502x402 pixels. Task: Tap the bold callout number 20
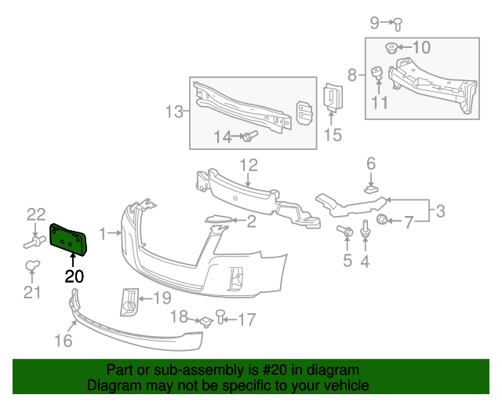point(74,276)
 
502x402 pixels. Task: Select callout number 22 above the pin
point(36,214)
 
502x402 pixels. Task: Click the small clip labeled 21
point(32,266)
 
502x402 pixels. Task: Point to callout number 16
point(63,340)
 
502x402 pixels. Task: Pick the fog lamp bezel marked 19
point(129,301)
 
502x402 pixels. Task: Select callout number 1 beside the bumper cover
point(104,232)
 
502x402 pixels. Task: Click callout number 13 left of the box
point(173,111)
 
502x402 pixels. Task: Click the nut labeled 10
point(393,48)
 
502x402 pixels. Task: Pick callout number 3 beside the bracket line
point(440,210)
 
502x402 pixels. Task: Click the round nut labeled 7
point(384,219)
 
